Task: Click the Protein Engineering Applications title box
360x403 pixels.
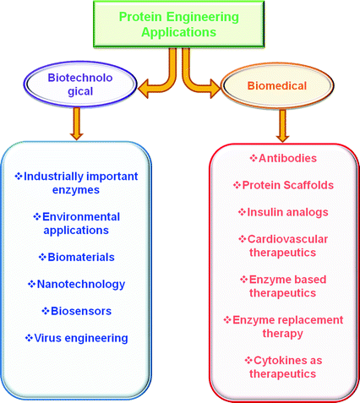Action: [178, 23]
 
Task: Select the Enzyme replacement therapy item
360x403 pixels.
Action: [279, 326]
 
